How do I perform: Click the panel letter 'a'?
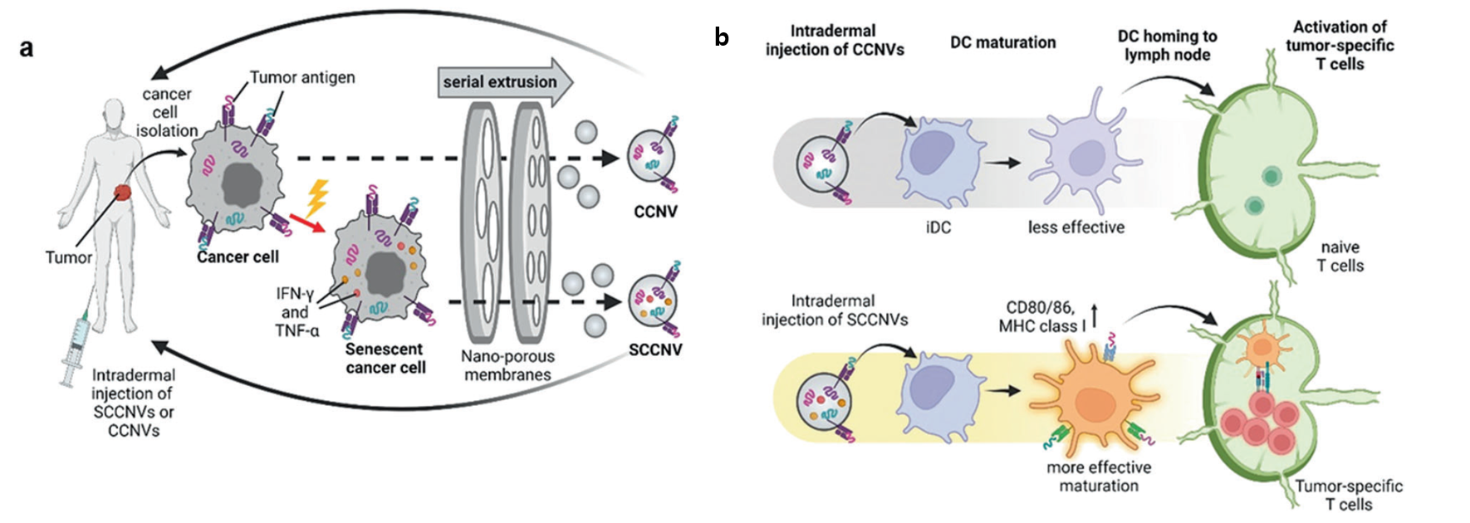(x=27, y=48)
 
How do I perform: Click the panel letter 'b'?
(x=722, y=37)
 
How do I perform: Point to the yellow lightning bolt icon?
(x=316, y=199)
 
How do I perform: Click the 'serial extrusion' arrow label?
(x=500, y=82)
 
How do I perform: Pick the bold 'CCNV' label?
(x=655, y=212)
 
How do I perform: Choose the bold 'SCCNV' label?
(x=655, y=349)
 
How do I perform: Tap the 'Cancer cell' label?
(x=238, y=257)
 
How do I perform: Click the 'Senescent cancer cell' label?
(x=385, y=358)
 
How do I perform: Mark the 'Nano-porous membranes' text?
(x=507, y=365)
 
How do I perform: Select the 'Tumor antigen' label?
(x=302, y=77)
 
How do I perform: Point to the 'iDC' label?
(x=938, y=227)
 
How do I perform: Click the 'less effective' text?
(x=1076, y=227)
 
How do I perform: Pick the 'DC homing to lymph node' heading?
(x=1167, y=45)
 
